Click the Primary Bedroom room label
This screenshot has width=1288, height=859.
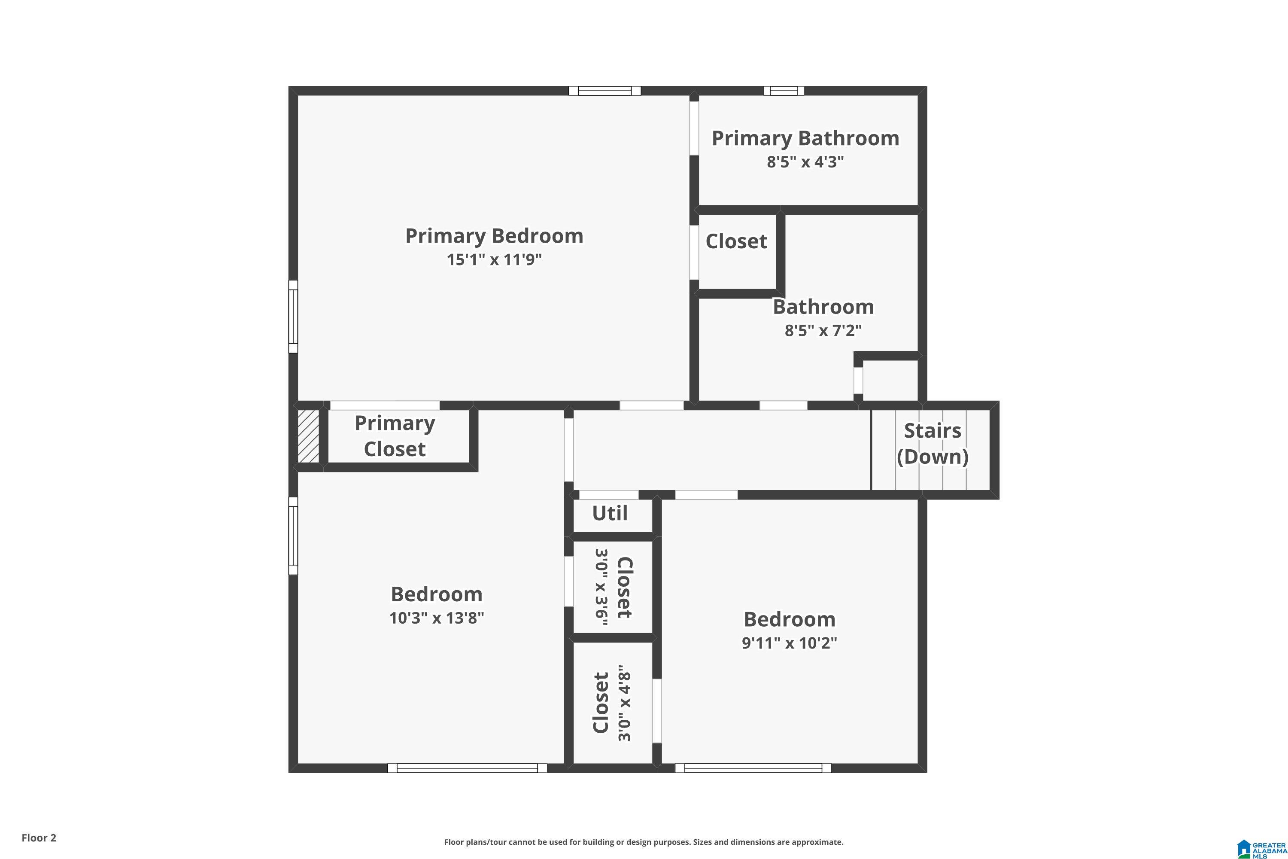tap(494, 236)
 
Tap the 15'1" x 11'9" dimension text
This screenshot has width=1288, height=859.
tap(494, 259)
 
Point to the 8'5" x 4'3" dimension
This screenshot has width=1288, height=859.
tap(805, 162)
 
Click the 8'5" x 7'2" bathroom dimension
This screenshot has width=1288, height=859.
tap(823, 330)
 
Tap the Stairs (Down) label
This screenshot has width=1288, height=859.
tap(933, 444)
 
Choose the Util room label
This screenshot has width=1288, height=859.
tap(610, 513)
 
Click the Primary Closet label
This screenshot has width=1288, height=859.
tap(395, 436)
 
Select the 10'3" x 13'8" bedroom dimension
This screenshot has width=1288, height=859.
tap(437, 618)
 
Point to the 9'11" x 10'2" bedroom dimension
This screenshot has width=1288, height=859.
tap(789, 643)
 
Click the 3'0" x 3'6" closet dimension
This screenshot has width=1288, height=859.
tap(602, 587)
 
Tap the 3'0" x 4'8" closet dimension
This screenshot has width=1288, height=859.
tap(625, 704)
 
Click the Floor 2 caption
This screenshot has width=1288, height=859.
tap(39, 838)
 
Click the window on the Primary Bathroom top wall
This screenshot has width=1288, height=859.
tap(784, 91)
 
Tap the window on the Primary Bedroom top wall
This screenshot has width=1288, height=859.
tap(605, 91)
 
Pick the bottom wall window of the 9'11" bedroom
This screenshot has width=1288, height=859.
tap(753, 768)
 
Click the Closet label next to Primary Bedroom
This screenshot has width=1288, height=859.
tap(737, 241)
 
